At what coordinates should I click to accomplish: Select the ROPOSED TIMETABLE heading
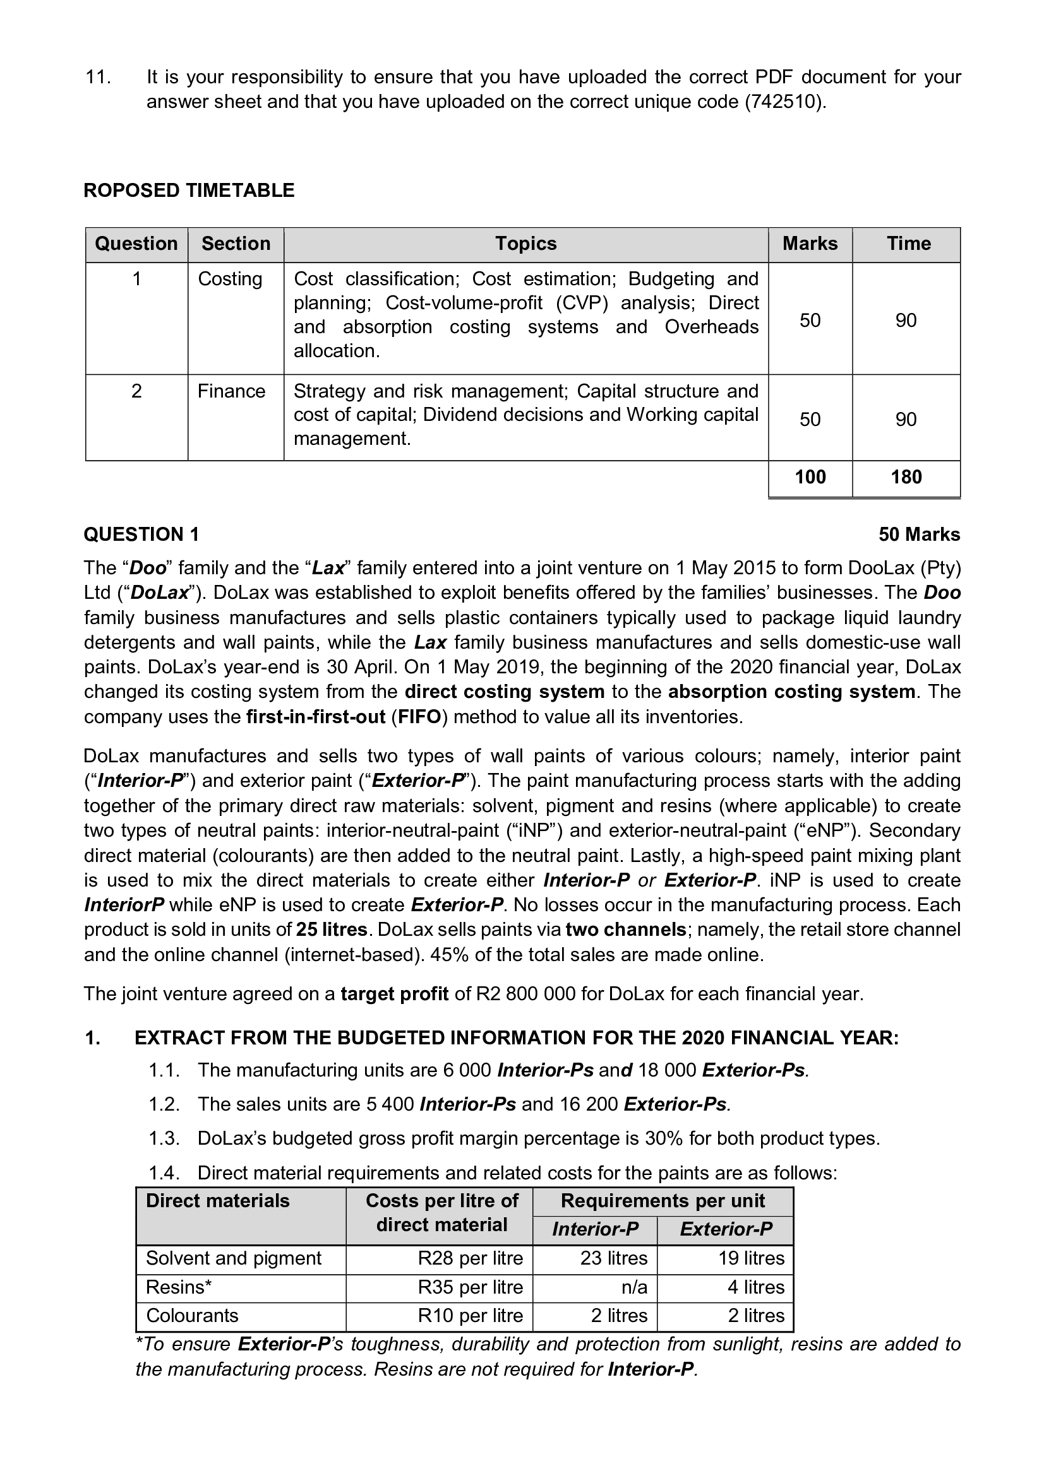189,191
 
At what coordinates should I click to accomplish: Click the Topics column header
525,244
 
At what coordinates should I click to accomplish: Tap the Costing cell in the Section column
230,279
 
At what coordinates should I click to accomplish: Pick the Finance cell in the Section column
231,391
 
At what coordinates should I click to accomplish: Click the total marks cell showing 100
810,477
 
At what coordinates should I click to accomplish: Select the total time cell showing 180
906,477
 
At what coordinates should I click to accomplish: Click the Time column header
908,244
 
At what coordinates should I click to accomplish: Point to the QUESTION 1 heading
141,534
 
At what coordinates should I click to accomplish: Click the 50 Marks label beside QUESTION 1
919,534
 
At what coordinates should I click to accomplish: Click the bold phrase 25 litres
332,930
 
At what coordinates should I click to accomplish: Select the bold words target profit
394,994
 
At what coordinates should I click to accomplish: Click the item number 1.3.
164,1138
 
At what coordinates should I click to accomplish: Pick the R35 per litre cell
471,1287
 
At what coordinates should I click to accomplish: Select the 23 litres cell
614,1258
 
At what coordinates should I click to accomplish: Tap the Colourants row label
193,1315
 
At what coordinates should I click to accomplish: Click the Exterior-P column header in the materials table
726,1229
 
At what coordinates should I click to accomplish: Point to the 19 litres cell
752,1258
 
